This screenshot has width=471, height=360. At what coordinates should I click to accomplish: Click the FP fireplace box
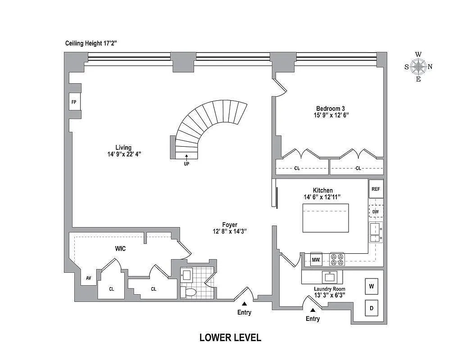73,102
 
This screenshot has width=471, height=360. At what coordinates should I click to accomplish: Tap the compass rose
418,67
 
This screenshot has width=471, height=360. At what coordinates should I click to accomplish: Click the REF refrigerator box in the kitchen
376,189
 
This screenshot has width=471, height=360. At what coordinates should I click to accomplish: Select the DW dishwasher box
376,211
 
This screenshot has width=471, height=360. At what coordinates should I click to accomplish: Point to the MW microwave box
316,259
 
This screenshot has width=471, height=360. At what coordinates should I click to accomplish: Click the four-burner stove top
337,259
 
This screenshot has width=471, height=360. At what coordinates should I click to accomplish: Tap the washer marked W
371,286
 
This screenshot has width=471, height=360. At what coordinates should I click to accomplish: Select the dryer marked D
371,308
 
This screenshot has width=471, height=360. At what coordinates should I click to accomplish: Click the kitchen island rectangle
326,218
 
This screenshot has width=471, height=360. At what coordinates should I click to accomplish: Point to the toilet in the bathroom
190,292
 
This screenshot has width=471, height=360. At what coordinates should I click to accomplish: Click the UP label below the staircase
186,164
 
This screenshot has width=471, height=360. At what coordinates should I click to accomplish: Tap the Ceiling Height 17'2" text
91,44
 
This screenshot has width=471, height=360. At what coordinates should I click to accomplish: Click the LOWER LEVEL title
230,338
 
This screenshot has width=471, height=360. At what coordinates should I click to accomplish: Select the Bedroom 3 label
330,108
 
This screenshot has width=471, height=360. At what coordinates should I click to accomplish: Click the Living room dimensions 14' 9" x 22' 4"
123,154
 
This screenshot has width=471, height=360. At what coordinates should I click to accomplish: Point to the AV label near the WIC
89,278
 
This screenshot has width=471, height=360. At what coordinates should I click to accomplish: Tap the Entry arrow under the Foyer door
244,304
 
